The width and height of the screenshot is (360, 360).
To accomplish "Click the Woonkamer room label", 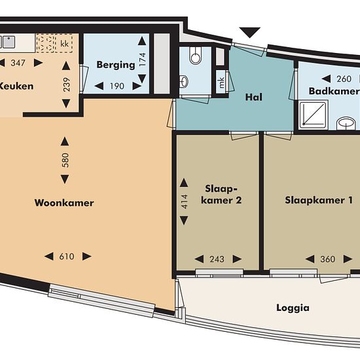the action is pos(64,203).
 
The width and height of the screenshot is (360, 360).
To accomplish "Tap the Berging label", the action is pos(116,65).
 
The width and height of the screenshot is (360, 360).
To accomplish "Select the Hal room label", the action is pos(254,97).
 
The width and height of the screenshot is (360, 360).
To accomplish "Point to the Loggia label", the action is pos(293,308).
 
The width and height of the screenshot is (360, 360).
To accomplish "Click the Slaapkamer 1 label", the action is pos(319,200).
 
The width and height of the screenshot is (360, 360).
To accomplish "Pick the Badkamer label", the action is pos(334,91).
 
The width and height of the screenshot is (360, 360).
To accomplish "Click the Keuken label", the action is pos(16,86).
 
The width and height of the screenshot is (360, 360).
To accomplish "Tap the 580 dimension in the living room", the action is pos(65,160).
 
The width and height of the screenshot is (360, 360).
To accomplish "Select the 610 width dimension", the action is pos(67,257).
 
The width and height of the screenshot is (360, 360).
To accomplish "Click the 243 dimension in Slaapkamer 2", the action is pos(217,259).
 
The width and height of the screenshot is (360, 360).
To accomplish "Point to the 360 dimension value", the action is pos(328,259).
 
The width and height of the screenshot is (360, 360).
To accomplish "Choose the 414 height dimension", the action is pos(185,202).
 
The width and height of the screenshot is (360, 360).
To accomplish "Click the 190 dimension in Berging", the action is pos(117,86).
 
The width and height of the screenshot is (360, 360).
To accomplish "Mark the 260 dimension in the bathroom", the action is pos(344,79).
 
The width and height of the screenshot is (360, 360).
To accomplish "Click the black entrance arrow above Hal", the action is pos(250,32).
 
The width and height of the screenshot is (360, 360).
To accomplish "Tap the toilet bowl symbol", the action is pos(195,56).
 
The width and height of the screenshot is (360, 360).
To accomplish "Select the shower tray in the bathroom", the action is pos(314,115).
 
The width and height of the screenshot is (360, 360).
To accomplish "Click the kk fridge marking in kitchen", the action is pos(65,43).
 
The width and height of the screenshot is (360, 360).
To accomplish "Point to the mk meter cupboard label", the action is pos(221,82).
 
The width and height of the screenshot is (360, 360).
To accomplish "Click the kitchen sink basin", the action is pos(9,42).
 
